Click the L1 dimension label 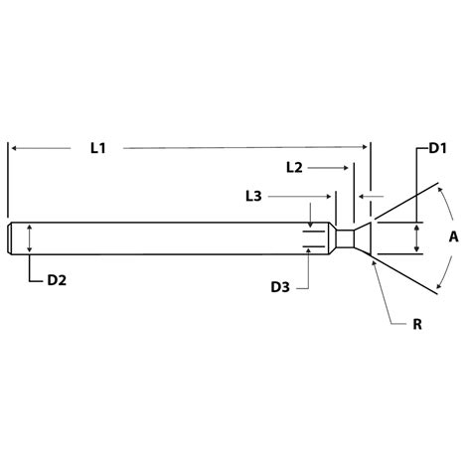pyautogui.click(x=97, y=147)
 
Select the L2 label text pyautogui.click(x=293, y=168)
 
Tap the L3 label pyautogui.click(x=253, y=199)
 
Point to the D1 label pyautogui.click(x=437, y=148)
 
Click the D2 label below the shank pyautogui.click(x=57, y=281)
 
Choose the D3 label pyautogui.click(x=281, y=288)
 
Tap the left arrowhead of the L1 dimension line pyautogui.click(x=15, y=147)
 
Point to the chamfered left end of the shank pyautogui.click(x=10, y=238)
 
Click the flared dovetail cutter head pyautogui.click(x=364, y=238)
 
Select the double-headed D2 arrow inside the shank pyautogui.click(x=30, y=238)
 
